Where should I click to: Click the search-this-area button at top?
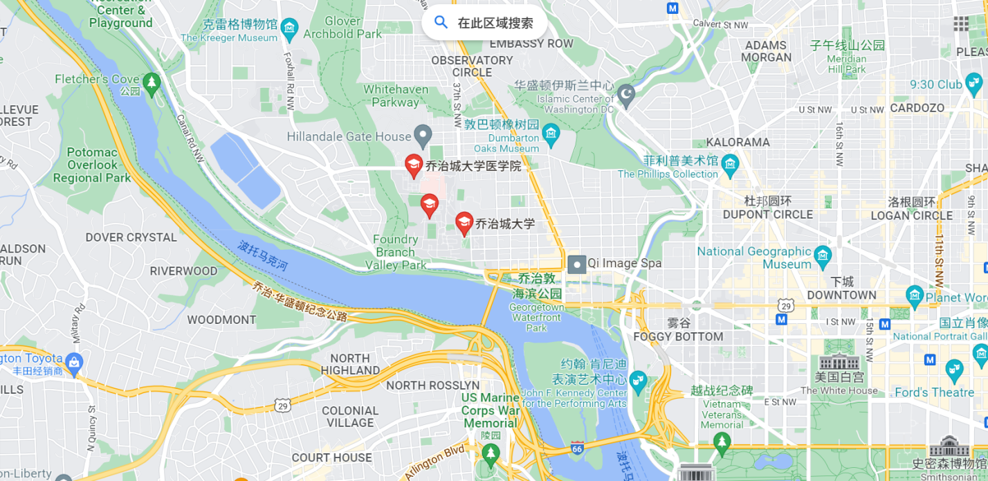[x=484, y=23]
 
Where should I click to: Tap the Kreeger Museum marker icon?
[x=289, y=28]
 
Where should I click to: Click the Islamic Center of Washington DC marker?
[x=625, y=96]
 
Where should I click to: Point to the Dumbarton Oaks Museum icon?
[x=551, y=134]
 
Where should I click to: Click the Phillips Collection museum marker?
[x=730, y=165]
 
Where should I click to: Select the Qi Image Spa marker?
[x=576, y=264]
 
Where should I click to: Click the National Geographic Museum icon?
[x=822, y=255]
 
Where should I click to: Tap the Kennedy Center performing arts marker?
[x=637, y=379]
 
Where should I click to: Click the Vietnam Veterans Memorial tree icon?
[x=722, y=442]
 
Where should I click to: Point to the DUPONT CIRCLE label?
[x=768, y=215]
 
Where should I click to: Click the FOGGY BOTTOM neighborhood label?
[x=678, y=337]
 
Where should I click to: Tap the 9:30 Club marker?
[x=975, y=85]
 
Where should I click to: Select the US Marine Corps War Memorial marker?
[x=491, y=453]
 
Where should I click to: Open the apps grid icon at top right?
[x=961, y=24]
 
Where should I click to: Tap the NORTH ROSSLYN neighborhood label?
[x=432, y=385]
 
